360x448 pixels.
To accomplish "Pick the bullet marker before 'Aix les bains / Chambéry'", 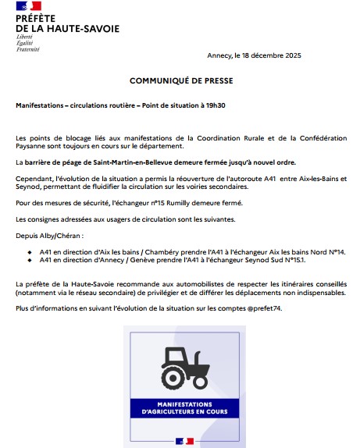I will coord(28,251).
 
